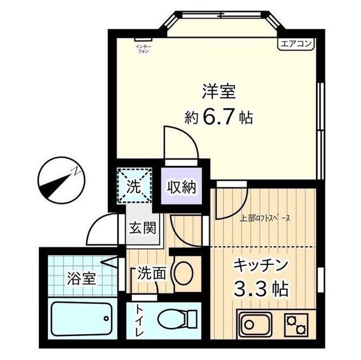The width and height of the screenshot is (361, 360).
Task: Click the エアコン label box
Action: click(295, 43)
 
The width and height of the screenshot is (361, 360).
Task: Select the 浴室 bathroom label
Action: click(81, 278)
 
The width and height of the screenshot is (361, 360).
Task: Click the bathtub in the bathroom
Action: click(84, 321)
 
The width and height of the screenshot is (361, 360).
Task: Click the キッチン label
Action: click(261, 265)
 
